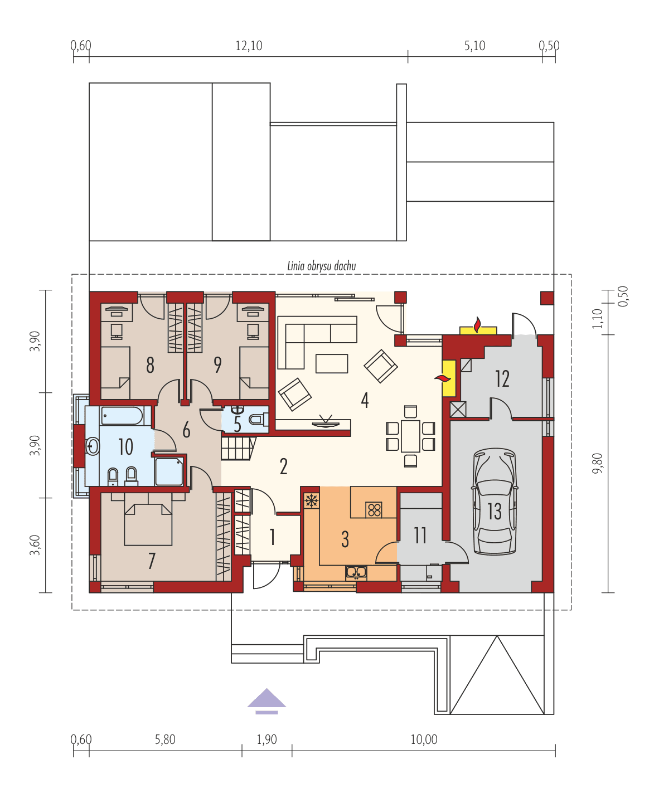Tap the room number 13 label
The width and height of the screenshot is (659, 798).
point(495,512)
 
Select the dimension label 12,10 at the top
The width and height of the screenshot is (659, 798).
point(249,46)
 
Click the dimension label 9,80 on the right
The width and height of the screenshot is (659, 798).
point(598,463)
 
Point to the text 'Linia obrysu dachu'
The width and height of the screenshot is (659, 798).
point(321,266)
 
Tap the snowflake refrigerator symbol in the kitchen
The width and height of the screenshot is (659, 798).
point(312,500)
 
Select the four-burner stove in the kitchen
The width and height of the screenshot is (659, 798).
point(374,509)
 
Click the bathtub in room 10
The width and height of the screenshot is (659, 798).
point(122,416)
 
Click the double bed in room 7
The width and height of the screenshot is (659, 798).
point(148,524)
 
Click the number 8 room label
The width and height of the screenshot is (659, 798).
point(150,366)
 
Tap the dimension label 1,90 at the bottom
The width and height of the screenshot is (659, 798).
point(266,739)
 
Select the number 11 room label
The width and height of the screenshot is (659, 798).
point(420,536)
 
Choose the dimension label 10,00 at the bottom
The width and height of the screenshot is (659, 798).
point(424,739)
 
